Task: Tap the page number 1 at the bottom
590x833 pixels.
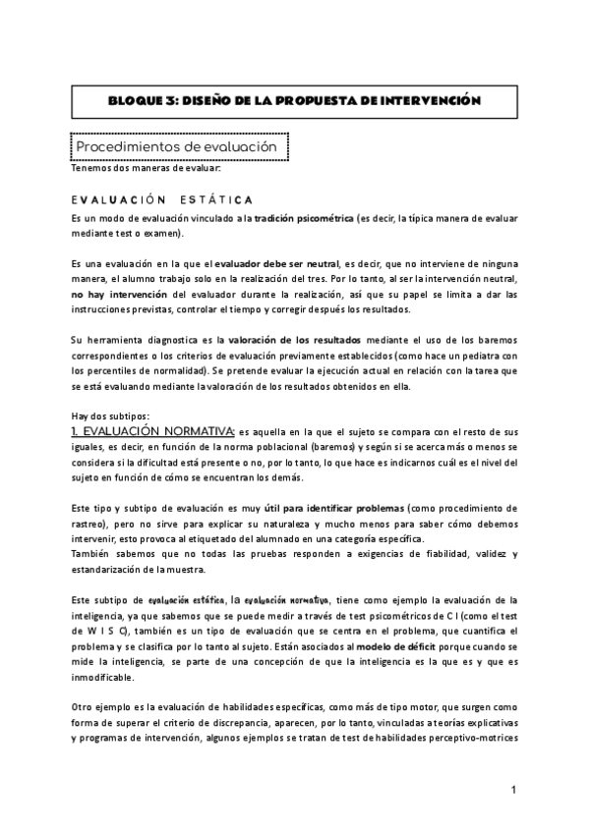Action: pyautogui.click(x=513, y=791)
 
